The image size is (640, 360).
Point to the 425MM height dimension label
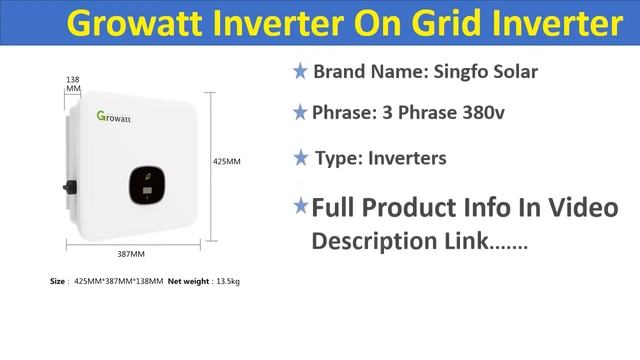click(x=227, y=160)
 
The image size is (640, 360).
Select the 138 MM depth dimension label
click(x=73, y=83)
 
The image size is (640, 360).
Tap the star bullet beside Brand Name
click(x=299, y=72)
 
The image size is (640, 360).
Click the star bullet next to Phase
click(x=299, y=113)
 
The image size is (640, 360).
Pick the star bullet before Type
click(x=300, y=158)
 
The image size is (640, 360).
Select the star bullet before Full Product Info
click(x=300, y=206)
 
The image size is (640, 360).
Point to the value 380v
click(x=481, y=113)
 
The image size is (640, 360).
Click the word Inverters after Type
click(x=407, y=158)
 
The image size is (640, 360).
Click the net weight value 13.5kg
click(x=226, y=282)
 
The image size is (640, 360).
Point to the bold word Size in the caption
click(x=57, y=282)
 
